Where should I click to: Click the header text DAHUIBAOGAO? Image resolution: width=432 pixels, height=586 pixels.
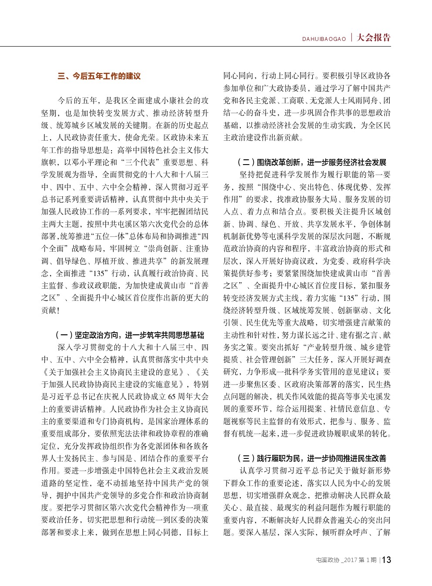(x=324, y=39)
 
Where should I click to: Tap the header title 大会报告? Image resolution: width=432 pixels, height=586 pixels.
(x=374, y=38)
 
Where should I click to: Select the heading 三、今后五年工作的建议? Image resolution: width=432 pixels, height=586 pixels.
(x=99, y=76)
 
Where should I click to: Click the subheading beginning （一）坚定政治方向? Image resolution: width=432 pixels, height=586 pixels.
(x=130, y=335)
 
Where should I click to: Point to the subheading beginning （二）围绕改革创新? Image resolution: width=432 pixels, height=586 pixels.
(x=312, y=162)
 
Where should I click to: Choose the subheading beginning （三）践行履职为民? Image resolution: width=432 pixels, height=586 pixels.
(x=312, y=458)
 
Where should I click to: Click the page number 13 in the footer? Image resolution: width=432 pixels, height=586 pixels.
(x=386, y=560)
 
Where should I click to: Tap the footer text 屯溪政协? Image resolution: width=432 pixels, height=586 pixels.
(x=327, y=560)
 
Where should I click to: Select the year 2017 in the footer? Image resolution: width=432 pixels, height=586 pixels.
(x=351, y=560)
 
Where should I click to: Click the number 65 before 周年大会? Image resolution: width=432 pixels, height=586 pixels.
(x=172, y=397)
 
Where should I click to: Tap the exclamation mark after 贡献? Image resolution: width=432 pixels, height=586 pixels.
(x=58, y=310)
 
